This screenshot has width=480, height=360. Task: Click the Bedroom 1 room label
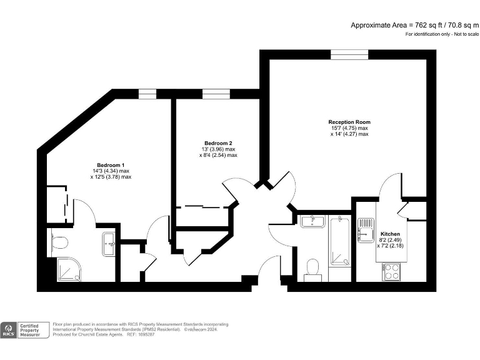110,164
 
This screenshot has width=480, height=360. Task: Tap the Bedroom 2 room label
218,142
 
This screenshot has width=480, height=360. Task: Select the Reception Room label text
349,122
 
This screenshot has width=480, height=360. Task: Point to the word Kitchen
390,233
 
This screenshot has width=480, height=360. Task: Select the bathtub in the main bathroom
339,241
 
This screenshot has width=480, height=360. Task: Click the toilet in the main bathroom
312,268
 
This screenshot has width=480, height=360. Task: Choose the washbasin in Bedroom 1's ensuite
108,240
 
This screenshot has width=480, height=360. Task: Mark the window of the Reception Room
346,55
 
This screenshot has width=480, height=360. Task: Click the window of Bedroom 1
147,94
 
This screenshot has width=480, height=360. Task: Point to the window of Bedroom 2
216,94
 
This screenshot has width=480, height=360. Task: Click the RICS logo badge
9,330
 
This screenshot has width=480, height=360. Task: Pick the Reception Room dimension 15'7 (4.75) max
349,128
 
